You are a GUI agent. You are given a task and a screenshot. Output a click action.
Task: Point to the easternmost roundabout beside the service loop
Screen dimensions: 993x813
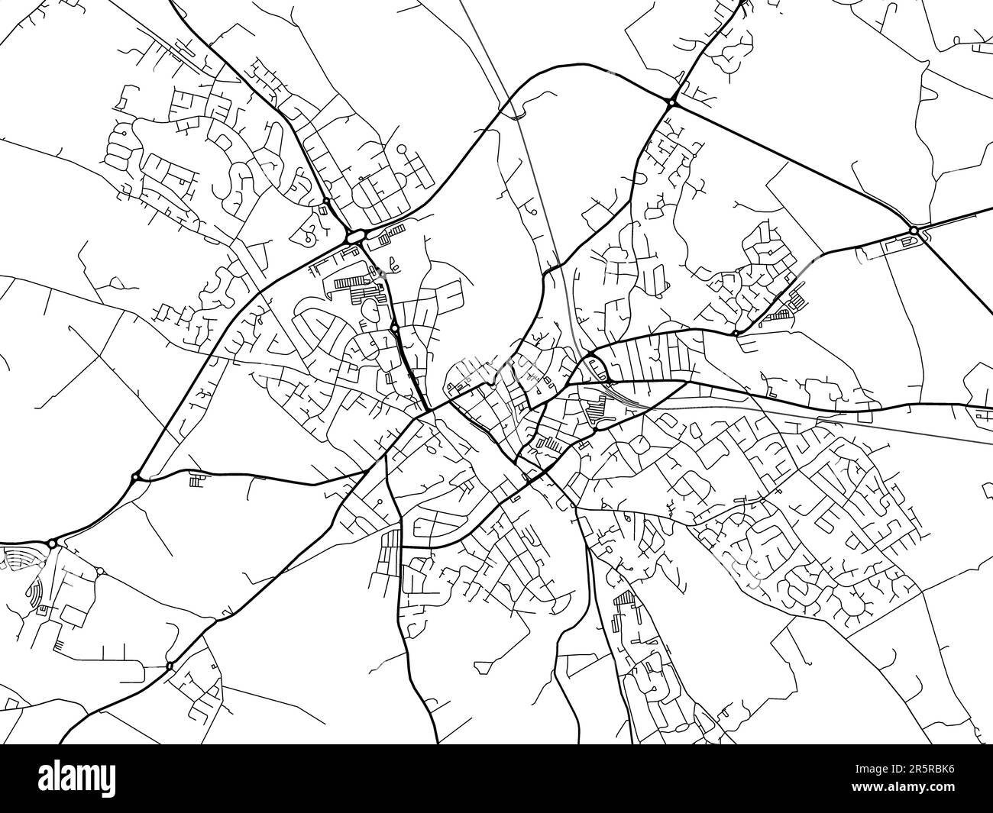(914, 231)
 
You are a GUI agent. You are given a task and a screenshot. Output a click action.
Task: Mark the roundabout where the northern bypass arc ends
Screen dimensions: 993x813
(671, 102)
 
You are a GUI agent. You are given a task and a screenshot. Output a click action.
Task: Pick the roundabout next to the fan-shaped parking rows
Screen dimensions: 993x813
(52, 544)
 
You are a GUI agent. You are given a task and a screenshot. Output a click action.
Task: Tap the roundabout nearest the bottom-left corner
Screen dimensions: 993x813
(169, 666)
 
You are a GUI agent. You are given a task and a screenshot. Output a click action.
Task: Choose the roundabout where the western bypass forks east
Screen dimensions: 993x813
(135, 478)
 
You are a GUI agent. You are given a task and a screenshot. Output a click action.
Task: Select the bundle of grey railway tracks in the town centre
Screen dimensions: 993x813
(619, 394)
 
